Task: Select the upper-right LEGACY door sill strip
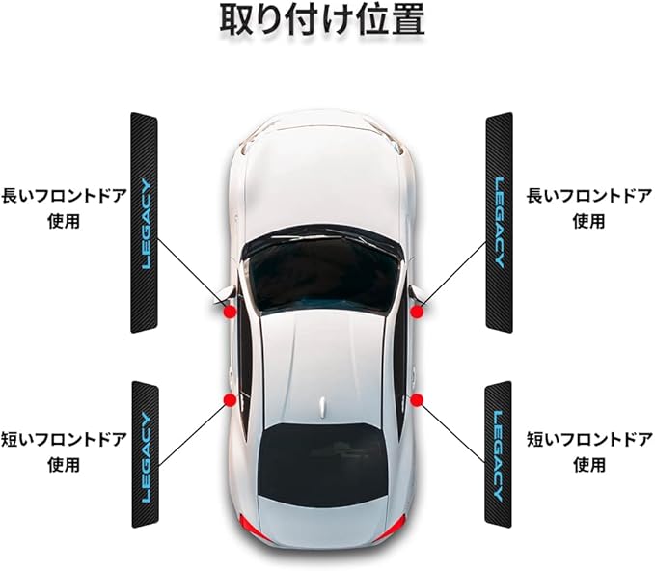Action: (499, 222)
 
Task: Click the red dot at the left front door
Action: (230, 311)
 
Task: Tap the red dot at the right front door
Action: (418, 311)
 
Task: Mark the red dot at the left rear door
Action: (230, 399)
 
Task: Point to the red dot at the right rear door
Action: (418, 399)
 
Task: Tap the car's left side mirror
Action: (221, 294)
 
